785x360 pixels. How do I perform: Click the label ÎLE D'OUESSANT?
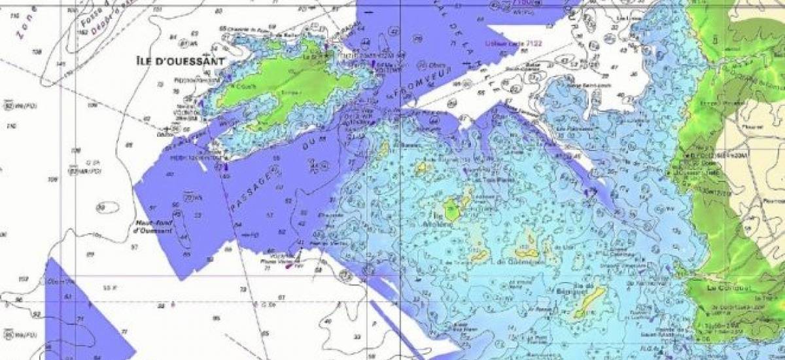(x=180, y=62)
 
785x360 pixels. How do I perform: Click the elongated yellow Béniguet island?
(x=589, y=302)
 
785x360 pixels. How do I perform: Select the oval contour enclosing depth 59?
(x=103, y=207)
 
